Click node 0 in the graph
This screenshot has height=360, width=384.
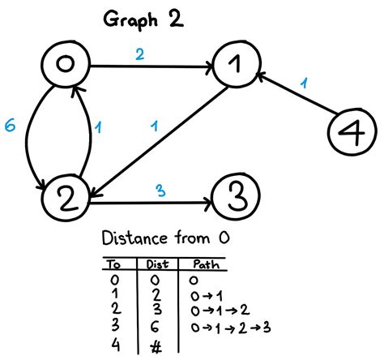click(67, 66)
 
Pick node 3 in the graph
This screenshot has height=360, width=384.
click(235, 195)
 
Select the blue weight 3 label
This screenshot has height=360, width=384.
click(160, 191)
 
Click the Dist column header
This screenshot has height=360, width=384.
click(157, 264)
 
